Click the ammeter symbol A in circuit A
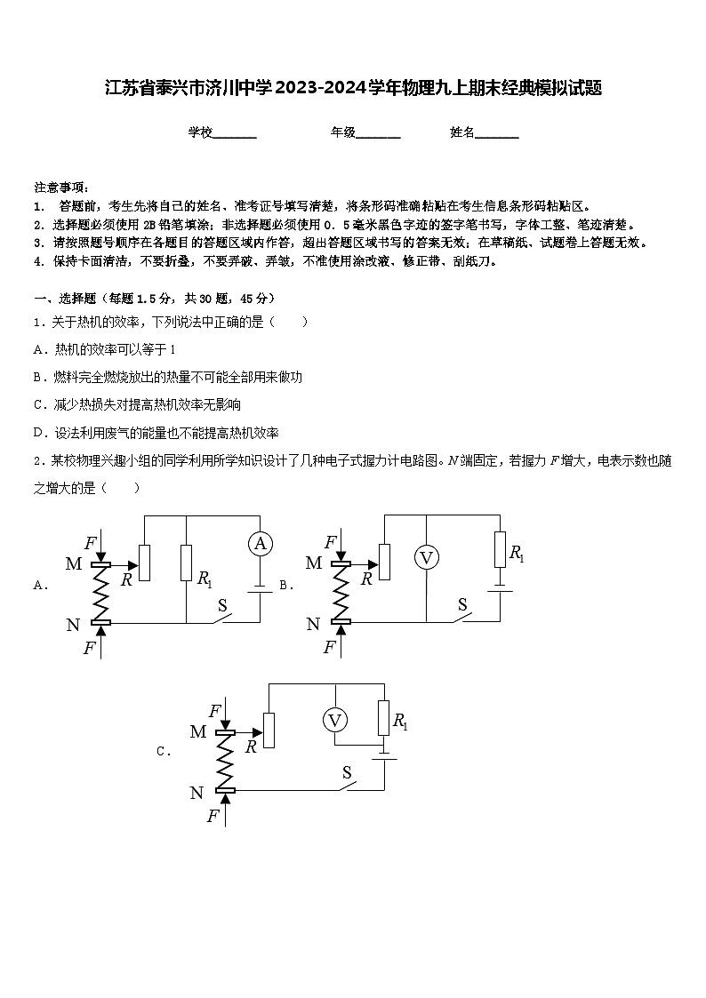coord(260,544)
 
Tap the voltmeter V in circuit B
coord(427,557)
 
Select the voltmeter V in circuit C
coord(334,720)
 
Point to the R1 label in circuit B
coord(516,553)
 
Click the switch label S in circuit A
coord(223,606)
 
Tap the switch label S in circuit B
coord(462,604)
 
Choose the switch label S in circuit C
coord(348,773)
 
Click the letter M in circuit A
coord(73,563)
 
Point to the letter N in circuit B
coord(313,625)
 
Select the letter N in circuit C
coord(197,793)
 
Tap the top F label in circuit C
coord(214,711)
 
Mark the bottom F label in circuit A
coord(89,648)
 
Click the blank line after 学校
coord(235,133)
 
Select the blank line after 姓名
coord(497,133)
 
